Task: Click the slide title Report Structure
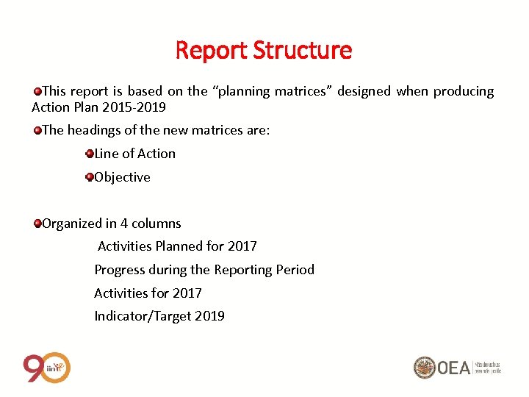click(264, 51)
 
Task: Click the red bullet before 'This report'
click(37, 91)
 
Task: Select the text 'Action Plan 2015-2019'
click(98, 107)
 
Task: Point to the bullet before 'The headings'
click(37, 130)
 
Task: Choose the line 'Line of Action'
click(135, 154)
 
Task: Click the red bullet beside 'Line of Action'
click(90, 154)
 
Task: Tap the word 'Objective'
click(122, 177)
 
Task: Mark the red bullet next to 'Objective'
click(90, 177)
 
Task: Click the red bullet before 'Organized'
click(37, 223)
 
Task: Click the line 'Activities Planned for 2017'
click(177, 246)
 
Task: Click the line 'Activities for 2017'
click(148, 293)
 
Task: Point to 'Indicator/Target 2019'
click(159, 316)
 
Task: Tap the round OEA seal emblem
click(424, 367)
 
